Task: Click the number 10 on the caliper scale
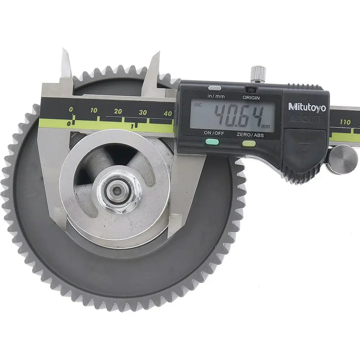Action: (94, 111)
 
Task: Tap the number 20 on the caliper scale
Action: (118, 112)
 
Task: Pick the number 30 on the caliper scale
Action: (143, 112)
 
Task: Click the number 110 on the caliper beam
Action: (345, 122)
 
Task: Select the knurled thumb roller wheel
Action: (342, 158)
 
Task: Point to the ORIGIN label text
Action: (251, 97)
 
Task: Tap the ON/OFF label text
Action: (214, 133)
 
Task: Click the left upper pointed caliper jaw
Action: (67, 66)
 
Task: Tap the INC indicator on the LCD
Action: (197, 105)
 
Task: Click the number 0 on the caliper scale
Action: (71, 110)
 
